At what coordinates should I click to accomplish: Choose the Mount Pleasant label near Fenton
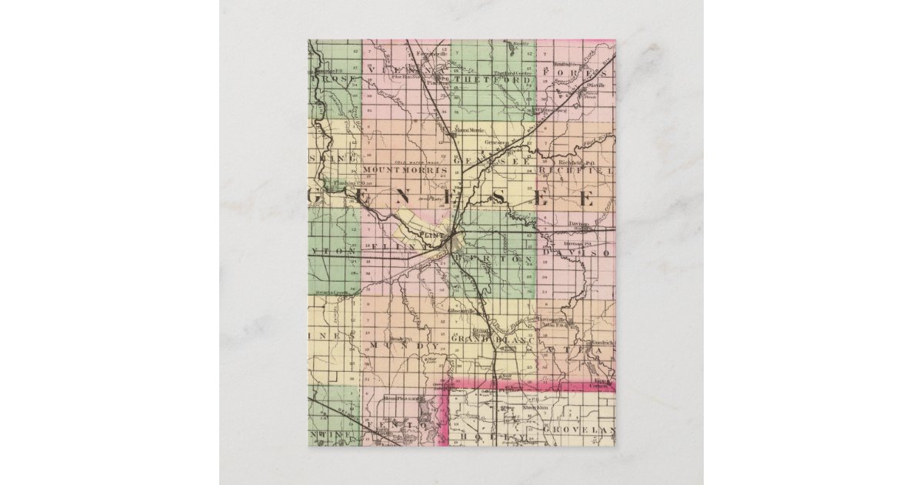(x=401, y=398)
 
